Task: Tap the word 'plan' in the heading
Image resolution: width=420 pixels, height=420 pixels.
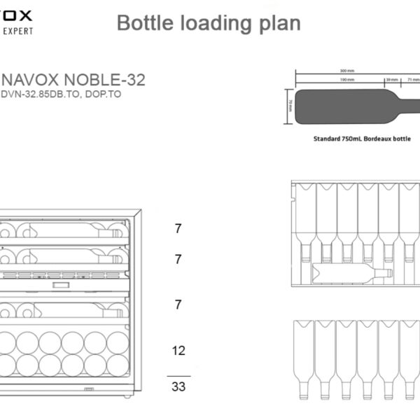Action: point(280,23)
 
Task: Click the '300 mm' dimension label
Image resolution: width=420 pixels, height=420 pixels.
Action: point(347,71)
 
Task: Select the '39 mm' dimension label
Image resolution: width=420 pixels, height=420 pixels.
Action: point(392,80)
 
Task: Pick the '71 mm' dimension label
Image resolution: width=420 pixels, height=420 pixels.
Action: point(413,80)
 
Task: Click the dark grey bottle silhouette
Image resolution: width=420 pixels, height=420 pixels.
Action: point(343,107)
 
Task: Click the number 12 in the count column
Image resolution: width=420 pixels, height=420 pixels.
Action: point(178,350)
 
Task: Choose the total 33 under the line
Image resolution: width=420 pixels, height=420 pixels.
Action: point(178,386)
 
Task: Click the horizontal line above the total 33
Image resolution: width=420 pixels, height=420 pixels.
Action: point(178,375)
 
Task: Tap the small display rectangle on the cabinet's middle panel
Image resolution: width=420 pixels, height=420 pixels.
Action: point(61,286)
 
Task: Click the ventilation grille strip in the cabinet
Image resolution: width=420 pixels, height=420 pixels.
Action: point(63,274)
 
